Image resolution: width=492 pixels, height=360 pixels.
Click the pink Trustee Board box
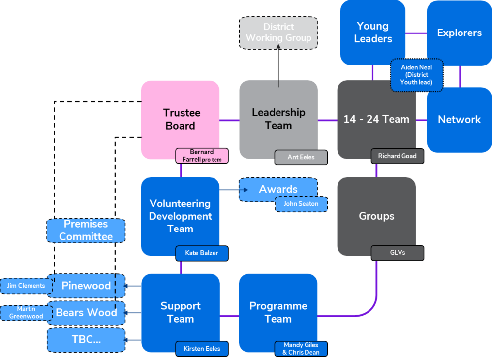180,119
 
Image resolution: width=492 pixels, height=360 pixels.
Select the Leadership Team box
278,119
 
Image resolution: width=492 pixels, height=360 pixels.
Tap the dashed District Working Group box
278,33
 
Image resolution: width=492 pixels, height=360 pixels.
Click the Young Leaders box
373,33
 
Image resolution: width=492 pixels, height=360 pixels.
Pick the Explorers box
459,33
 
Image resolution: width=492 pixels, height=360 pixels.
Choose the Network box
459,120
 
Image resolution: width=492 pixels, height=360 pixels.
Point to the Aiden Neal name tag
417,75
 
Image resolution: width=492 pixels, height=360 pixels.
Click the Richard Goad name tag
397,156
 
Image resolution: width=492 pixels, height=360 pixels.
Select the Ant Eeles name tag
301,158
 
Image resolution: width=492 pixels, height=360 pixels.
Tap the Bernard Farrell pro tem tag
202,156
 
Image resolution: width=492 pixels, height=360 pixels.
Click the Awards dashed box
278,189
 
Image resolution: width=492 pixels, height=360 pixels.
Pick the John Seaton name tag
301,204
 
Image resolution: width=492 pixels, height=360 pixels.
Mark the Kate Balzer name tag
202,253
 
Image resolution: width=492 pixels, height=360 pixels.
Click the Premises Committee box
86,230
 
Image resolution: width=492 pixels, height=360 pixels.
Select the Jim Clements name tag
26,286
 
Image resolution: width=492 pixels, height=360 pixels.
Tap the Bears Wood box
86,313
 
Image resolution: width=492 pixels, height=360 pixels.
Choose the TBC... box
86,340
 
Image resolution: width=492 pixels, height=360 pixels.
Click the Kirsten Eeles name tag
202,349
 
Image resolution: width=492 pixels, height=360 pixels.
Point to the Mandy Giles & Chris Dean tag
301,349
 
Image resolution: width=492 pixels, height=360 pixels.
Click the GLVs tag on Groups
397,253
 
